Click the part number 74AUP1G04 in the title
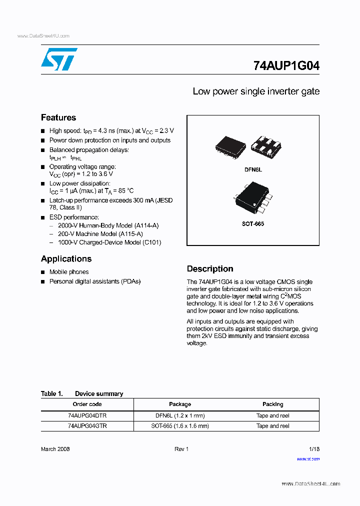click(286, 65)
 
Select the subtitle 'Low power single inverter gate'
click(256, 91)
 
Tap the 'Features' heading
click(58, 117)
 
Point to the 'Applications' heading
click(66, 258)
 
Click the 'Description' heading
click(210, 268)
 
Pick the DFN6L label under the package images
click(253, 170)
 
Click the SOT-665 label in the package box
click(253, 224)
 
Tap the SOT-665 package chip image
click(252, 199)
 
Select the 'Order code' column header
click(87, 404)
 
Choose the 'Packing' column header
click(272, 404)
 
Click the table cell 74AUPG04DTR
click(87, 415)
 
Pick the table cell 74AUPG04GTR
click(87, 426)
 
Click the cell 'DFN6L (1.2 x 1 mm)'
click(180, 415)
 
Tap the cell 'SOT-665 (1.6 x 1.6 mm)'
click(180, 426)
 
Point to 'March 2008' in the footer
click(55, 449)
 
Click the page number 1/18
click(313, 449)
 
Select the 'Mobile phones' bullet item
click(69, 272)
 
